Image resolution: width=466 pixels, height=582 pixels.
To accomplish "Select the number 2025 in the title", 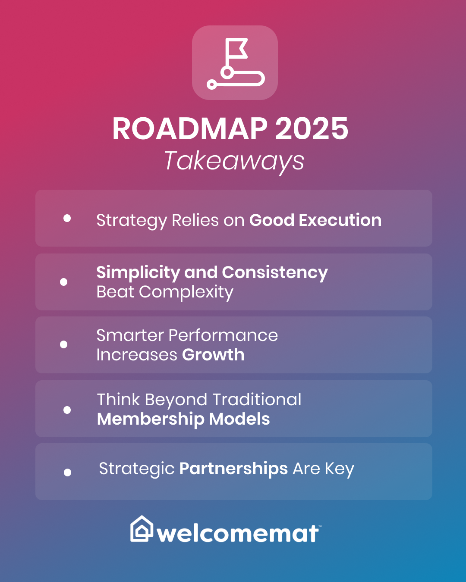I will click(312, 129).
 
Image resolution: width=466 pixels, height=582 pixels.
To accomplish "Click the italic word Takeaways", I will click(234, 161).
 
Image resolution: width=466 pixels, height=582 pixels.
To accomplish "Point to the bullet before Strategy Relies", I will click(67, 218).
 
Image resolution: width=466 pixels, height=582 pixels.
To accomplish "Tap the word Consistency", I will click(275, 272).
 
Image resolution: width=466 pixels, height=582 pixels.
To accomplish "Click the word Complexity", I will click(186, 292).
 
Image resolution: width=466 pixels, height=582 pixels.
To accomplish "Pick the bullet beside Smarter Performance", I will click(64, 344).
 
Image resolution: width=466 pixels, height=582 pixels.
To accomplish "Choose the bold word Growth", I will click(213, 355).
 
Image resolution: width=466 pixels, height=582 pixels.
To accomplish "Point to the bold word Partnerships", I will click(233, 469).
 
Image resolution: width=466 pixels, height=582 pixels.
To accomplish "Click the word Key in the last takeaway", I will click(340, 469).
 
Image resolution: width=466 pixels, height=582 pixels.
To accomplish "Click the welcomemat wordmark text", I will click(238, 534).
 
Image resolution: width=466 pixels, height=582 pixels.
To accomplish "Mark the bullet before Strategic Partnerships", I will click(67, 472).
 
